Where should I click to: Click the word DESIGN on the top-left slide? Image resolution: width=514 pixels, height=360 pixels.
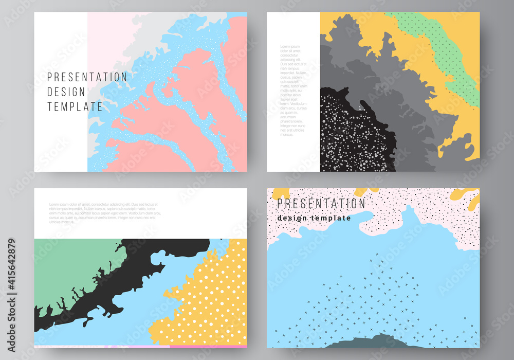coord(66,92)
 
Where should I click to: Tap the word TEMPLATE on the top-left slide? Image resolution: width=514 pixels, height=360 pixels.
coord(75,107)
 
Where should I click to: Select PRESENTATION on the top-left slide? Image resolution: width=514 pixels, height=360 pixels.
coord(87,77)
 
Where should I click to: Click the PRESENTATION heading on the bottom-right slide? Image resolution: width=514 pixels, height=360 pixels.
coord(321,204)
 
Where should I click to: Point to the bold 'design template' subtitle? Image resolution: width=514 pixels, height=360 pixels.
coord(314,218)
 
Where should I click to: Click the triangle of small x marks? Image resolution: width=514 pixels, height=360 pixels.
coord(380,298)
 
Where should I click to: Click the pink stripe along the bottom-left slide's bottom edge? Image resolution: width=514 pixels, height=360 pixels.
coord(139,346)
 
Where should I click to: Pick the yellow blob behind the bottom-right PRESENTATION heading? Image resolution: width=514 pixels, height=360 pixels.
coord(281,193)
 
